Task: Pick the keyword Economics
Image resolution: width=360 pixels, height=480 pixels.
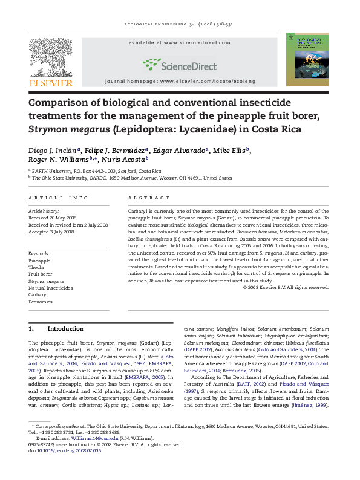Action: (x=42, y=302)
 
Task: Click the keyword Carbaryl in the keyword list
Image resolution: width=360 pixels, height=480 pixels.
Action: (x=39, y=294)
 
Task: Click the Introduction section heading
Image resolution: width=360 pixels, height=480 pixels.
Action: (x=65, y=329)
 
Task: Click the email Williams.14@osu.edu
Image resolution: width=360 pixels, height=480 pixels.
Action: (x=91, y=438)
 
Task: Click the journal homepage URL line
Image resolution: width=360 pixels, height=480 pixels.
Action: (x=180, y=80)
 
